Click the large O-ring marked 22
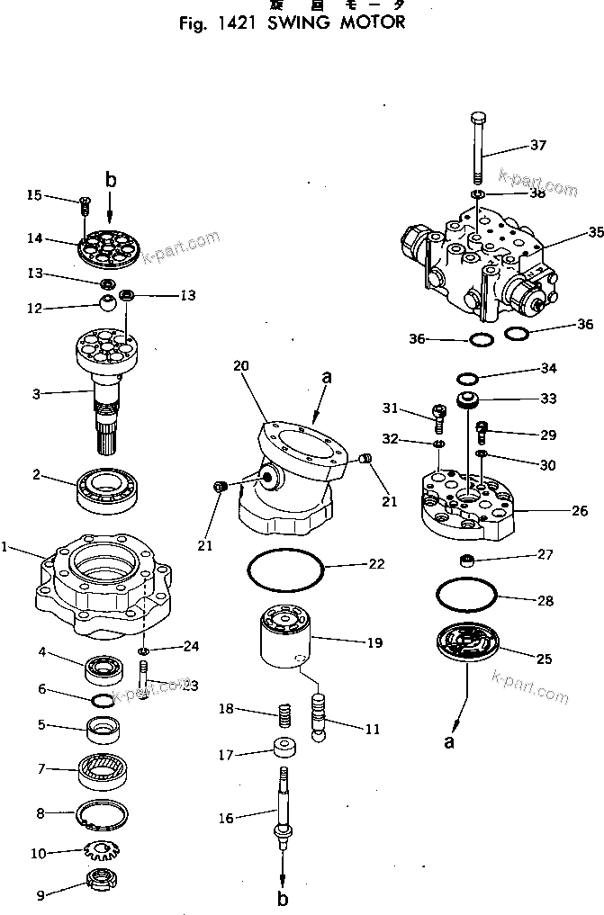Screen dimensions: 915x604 284,570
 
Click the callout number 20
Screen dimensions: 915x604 240,366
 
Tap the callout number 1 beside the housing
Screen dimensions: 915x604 6,547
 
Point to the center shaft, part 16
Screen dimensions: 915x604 284,810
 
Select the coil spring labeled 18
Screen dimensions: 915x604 284,717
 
